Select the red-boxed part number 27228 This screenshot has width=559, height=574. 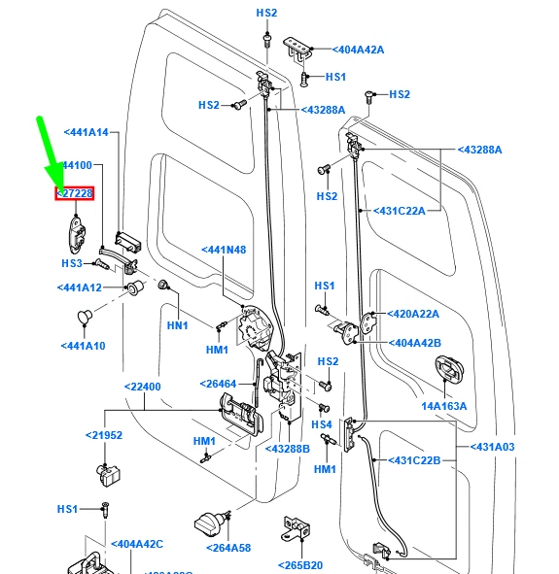click(75, 194)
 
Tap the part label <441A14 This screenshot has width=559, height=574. click(87, 132)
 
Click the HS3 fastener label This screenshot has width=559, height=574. click(72, 263)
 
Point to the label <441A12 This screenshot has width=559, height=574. click(80, 287)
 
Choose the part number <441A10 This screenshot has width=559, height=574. click(83, 346)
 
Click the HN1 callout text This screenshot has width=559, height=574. click(176, 325)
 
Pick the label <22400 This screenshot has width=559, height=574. click(142, 387)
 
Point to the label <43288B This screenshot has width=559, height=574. click(287, 449)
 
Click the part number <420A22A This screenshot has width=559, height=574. click(414, 314)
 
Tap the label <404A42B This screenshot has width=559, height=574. click(416, 343)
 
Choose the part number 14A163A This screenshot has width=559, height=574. click(443, 406)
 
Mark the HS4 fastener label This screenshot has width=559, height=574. click(322, 424)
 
